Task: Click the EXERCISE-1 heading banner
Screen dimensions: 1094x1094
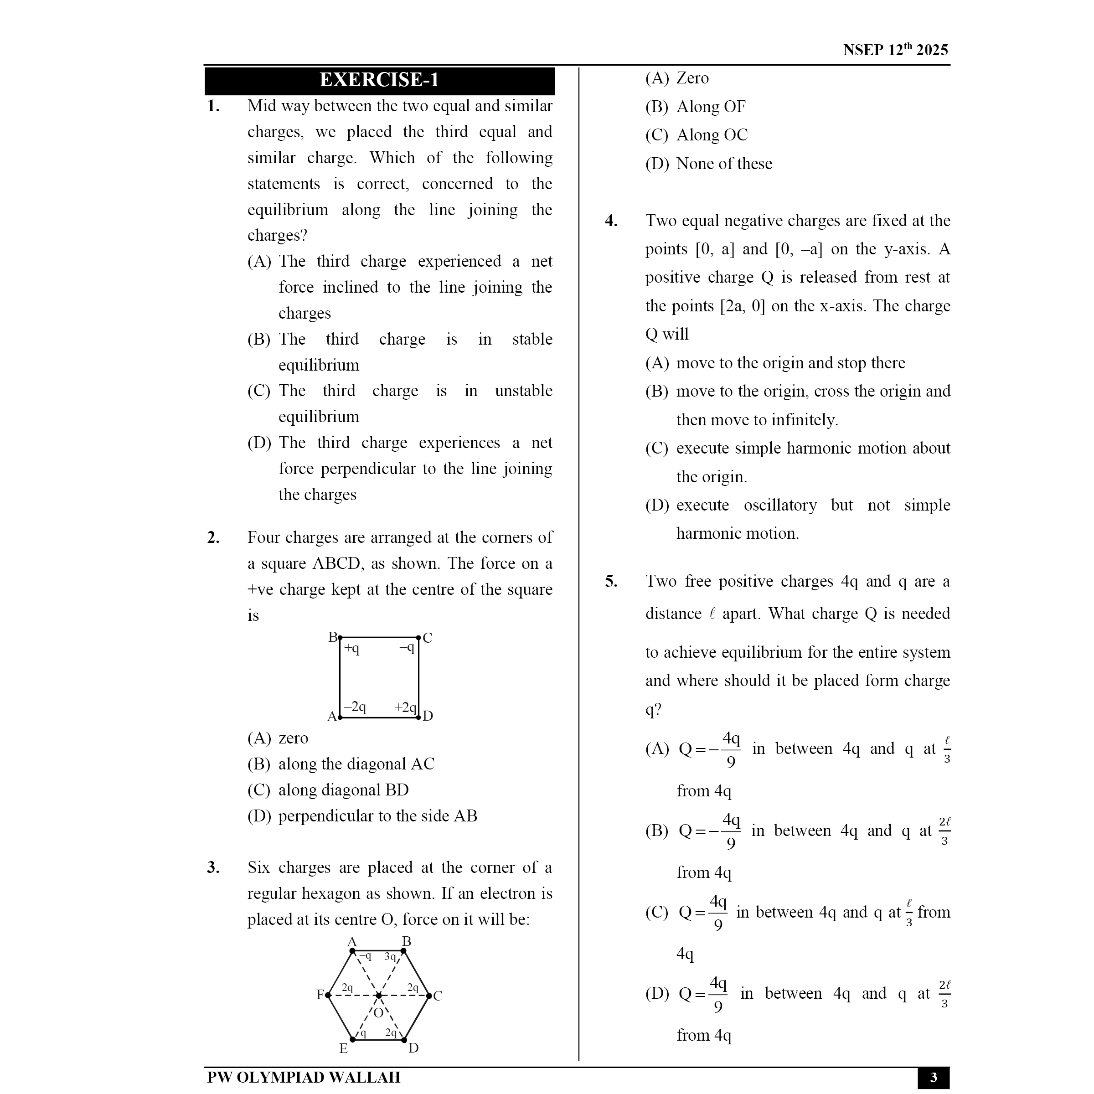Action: pyautogui.click(x=379, y=80)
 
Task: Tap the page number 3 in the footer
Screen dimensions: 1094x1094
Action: pyautogui.click(x=933, y=1077)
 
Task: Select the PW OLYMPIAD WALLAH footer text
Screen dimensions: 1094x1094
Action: pyautogui.click(x=304, y=1077)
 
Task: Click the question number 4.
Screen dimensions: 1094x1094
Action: pyautogui.click(x=611, y=221)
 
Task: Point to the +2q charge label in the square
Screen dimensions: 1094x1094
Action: pyautogui.click(x=405, y=707)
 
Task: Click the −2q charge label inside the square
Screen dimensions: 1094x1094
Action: pyautogui.click(x=355, y=707)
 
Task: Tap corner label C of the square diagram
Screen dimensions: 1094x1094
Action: pyautogui.click(x=428, y=638)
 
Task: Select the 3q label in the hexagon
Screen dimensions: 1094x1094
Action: pyautogui.click(x=391, y=956)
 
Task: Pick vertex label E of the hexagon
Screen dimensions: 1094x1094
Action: pyautogui.click(x=343, y=1048)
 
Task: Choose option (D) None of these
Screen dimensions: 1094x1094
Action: pyautogui.click(x=708, y=164)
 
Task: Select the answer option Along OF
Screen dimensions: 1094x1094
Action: pyautogui.click(x=711, y=107)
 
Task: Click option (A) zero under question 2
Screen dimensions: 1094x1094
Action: pyautogui.click(x=278, y=738)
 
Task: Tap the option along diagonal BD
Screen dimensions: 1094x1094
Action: pyautogui.click(x=343, y=790)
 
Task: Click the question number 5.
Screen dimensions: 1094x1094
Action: pyautogui.click(x=611, y=581)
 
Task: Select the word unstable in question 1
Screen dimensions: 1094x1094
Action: pyautogui.click(x=523, y=391)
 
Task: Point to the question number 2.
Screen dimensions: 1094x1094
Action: pyautogui.click(x=213, y=537)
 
